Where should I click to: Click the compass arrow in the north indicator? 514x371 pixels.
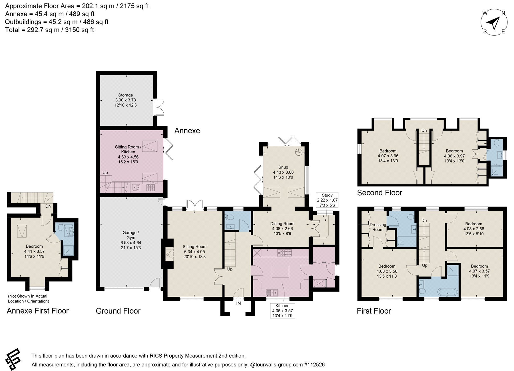pyautogui.click(x=494, y=23)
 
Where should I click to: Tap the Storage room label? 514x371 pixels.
pyautogui.click(x=126, y=100)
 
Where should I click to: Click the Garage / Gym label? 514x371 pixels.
pyautogui.click(x=131, y=240)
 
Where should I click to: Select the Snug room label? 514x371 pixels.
pyautogui.click(x=283, y=172)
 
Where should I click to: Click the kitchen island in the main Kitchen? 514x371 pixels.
pyautogui.click(x=280, y=271)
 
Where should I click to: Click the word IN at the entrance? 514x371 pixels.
pyautogui.click(x=238, y=303)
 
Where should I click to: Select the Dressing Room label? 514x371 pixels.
pyautogui.click(x=378, y=227)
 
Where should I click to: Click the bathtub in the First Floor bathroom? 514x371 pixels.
pyautogui.click(x=448, y=292)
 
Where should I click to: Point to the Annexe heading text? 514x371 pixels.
pyautogui.click(x=187, y=131)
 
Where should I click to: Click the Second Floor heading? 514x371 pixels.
pyautogui.click(x=380, y=193)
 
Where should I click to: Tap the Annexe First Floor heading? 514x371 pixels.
pyautogui.click(x=38, y=311)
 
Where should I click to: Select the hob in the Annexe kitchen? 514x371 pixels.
pyautogui.click(x=150, y=188)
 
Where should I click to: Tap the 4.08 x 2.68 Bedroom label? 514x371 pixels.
pyautogui.click(x=474, y=229)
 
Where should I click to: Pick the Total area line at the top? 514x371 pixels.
pyautogui.click(x=50, y=30)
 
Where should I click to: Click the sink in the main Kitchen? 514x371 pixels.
pyautogui.click(x=272, y=292)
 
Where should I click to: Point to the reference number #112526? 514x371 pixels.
pyautogui.click(x=314, y=364)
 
